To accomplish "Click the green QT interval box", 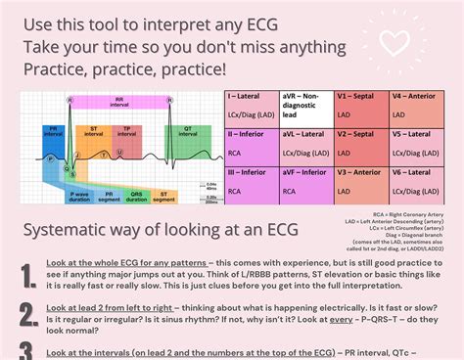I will coord(185,132).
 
